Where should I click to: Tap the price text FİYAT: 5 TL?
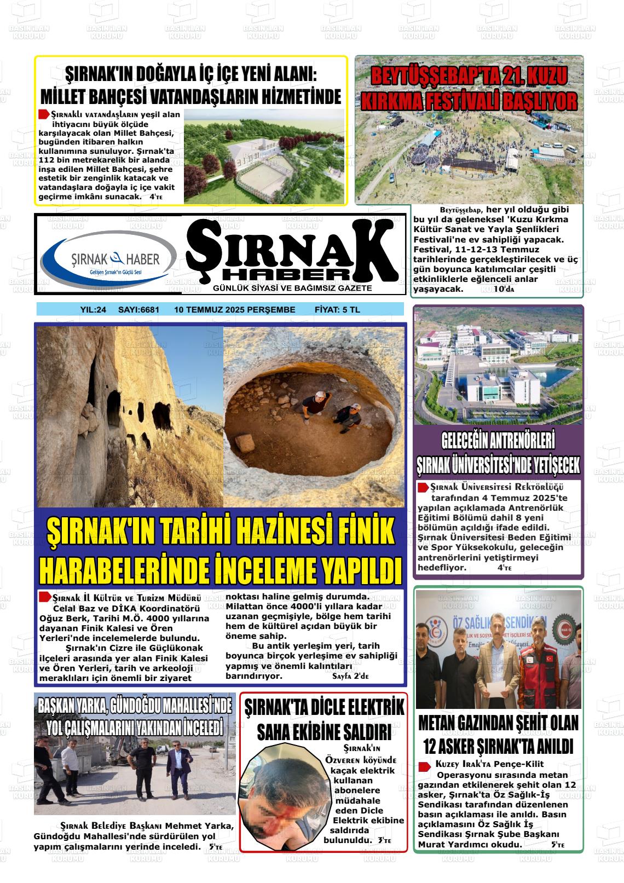point(337,310)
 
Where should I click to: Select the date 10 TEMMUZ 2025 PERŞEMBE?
point(234,310)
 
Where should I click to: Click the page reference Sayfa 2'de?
point(350,676)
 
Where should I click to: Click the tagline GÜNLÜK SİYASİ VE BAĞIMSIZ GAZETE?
point(292,288)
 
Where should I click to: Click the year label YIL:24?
point(93,310)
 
